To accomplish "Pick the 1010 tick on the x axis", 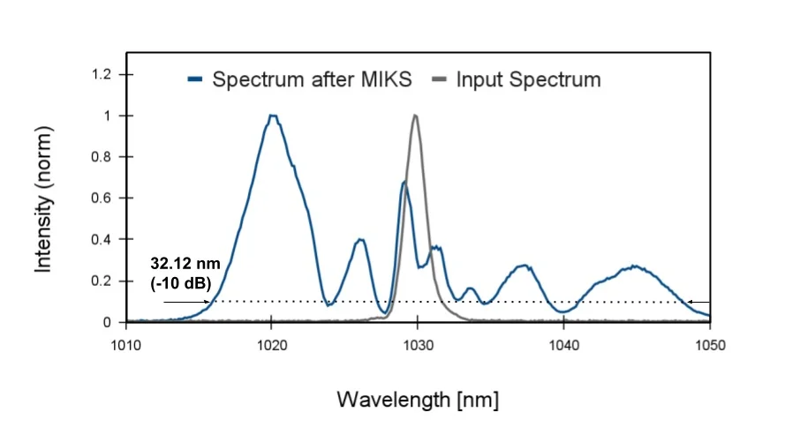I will coord(126,345).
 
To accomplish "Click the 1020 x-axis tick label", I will coord(272,345).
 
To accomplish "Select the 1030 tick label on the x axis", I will coord(418,345).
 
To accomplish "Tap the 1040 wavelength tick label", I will coord(564,345).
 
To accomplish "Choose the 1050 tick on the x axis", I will coord(710,345).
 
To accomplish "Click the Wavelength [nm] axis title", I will coord(418,400).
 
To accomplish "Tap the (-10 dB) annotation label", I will coord(180,283).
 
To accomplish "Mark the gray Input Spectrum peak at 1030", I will coord(415,116).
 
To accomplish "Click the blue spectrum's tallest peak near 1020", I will coord(272,116).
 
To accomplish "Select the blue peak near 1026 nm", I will coord(360,239).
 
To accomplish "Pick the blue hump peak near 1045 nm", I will coord(634,266).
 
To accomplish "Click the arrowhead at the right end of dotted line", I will coord(692,302).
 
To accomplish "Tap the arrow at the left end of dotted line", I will coord(206,302).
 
